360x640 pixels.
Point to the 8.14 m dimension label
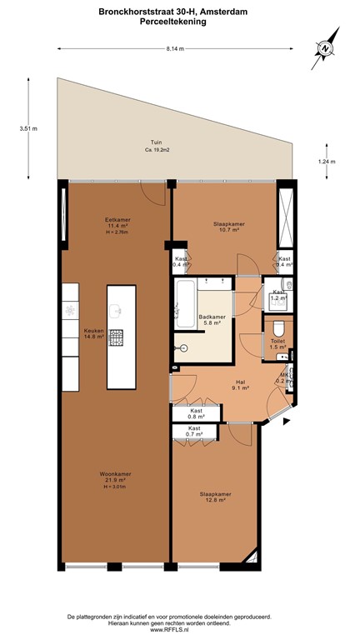coord(175,49)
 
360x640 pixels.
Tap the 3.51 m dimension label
coord(28,129)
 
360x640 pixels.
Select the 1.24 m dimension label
coord(327,162)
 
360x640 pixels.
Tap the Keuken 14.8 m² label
coord(94,335)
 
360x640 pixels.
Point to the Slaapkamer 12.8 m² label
coord(215,497)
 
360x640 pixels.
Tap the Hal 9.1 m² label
coord(239,385)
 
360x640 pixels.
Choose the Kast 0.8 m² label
coord(197,414)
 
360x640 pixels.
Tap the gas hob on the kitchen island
coord(117,337)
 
